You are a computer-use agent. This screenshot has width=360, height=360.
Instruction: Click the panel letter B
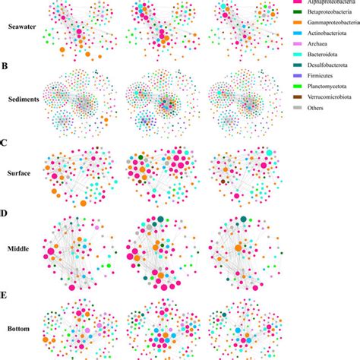tap(5, 66)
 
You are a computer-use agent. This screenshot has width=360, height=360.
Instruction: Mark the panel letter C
tap(5, 143)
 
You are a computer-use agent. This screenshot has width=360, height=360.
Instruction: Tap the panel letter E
tap(5, 289)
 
